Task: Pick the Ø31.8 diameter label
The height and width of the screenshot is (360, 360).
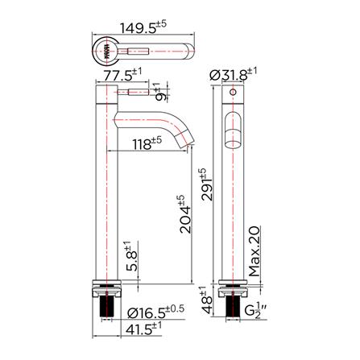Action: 239,74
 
